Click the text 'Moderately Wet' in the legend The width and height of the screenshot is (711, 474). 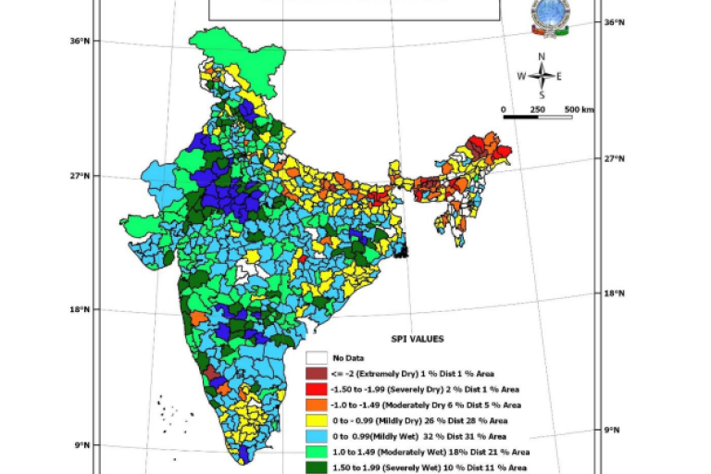(x=399, y=452)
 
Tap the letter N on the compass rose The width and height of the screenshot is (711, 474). (x=543, y=56)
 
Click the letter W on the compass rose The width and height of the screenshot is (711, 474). (x=521, y=76)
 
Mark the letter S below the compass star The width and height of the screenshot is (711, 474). (x=543, y=94)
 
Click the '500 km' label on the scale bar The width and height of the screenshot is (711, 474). (x=579, y=109)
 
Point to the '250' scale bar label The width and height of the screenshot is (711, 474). (x=537, y=109)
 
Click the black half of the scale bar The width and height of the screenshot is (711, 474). (x=520, y=117)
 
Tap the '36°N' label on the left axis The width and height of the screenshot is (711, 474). (x=79, y=41)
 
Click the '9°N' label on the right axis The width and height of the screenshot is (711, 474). (x=610, y=430)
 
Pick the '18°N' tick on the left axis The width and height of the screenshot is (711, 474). (x=79, y=310)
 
